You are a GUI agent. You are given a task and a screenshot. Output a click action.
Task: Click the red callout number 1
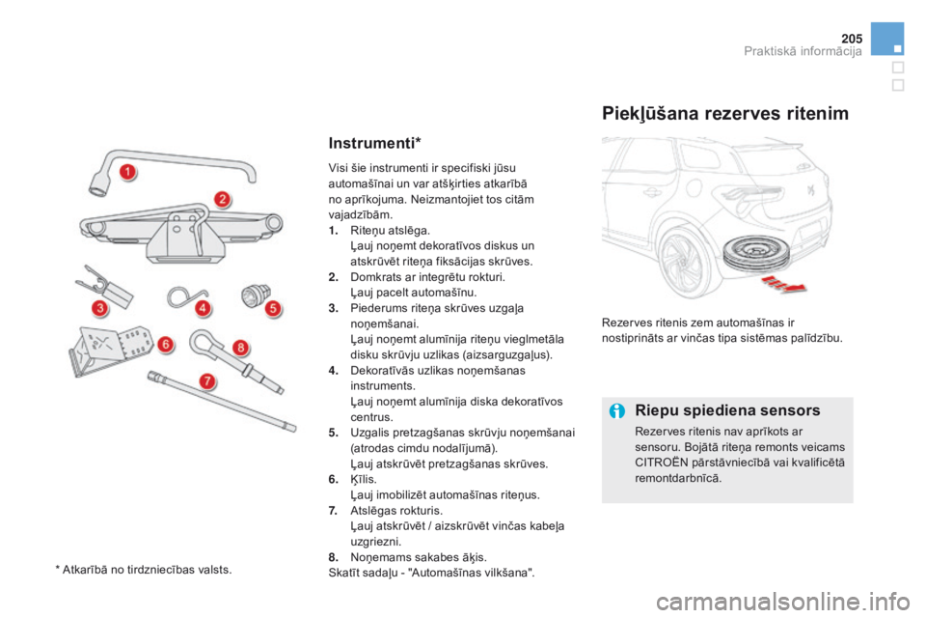[125, 173]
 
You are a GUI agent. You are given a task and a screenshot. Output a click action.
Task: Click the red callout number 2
[222, 200]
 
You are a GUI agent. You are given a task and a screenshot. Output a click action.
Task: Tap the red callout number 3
[98, 308]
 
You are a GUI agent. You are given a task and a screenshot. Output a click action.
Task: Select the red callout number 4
[204, 308]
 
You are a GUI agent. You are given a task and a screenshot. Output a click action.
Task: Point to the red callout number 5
[273, 308]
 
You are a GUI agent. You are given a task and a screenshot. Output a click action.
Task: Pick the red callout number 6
[165, 343]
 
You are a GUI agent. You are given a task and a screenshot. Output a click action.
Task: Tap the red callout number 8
[241, 347]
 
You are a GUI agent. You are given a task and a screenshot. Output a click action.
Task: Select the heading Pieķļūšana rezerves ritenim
[725, 114]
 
